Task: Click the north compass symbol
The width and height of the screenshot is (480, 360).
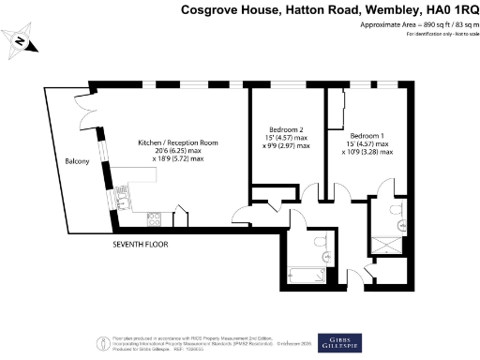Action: click(20, 40)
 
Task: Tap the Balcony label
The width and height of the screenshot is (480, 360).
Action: click(77, 162)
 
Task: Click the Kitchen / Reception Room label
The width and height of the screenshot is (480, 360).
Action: click(178, 142)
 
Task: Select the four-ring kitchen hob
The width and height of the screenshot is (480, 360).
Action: click(155, 220)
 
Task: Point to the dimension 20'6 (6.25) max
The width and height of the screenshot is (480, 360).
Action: click(177, 151)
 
